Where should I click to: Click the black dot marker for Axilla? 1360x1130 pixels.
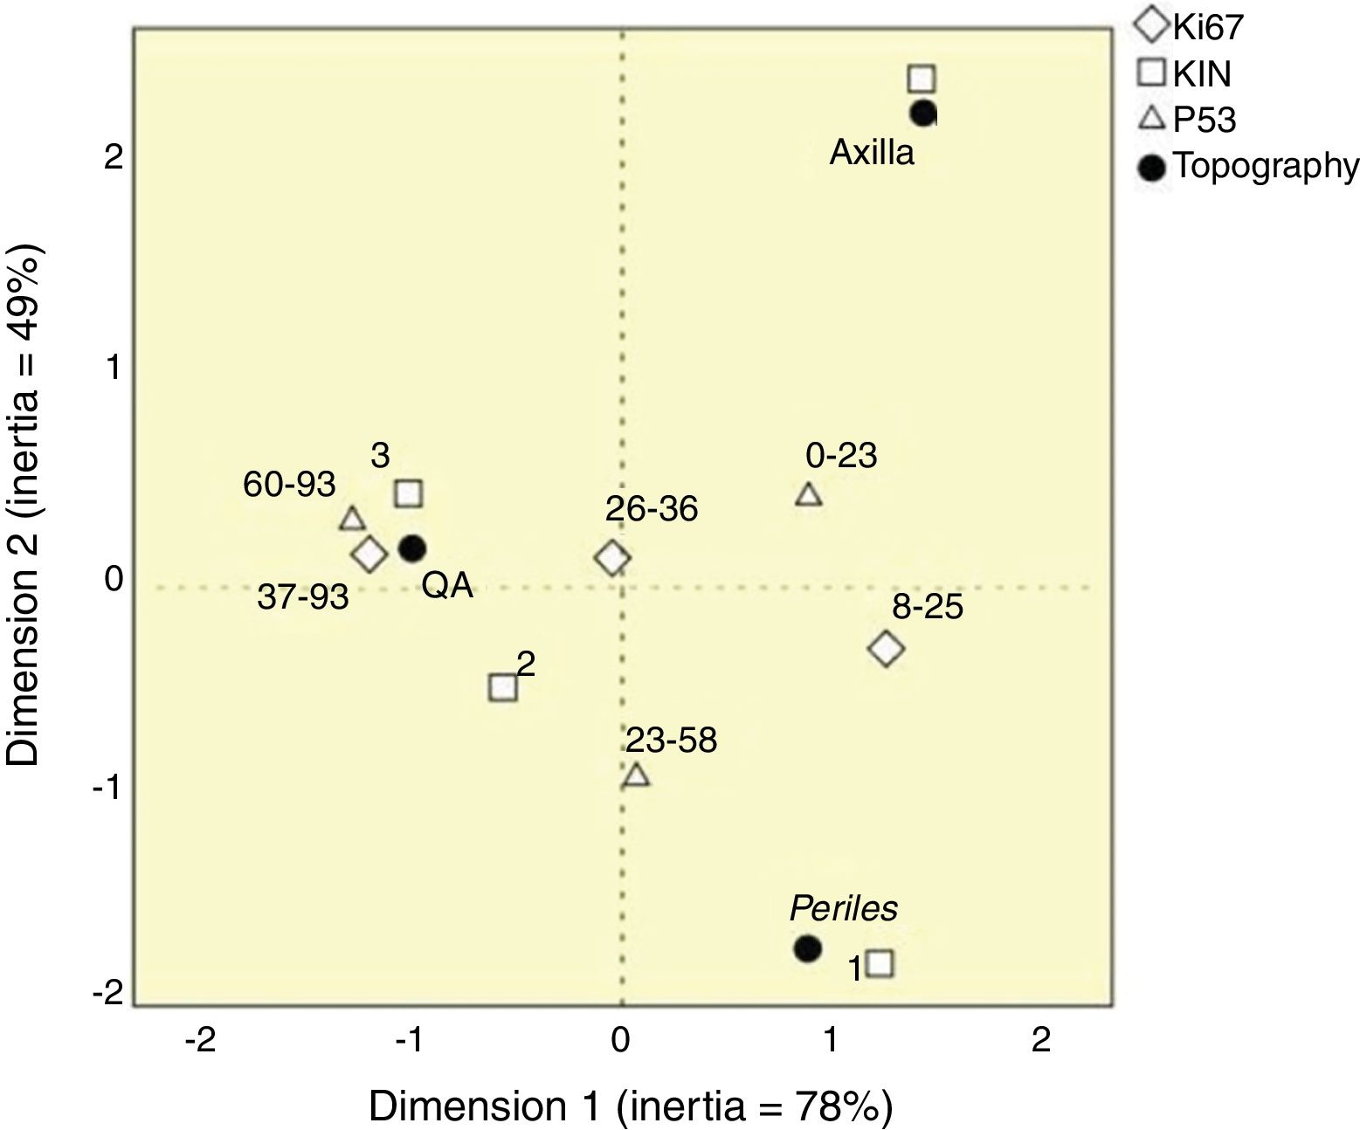click(923, 114)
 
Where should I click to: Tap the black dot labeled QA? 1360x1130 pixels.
click(412, 548)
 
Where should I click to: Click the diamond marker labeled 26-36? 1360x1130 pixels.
click(612, 557)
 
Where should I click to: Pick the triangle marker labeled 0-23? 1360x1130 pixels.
click(809, 495)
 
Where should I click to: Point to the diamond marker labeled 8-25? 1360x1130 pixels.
click(886, 648)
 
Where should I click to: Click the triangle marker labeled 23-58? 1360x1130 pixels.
click(637, 775)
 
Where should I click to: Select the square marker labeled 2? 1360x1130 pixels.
click(503, 687)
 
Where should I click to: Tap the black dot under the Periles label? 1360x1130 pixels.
click(807, 947)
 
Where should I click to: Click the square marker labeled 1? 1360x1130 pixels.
click(880, 963)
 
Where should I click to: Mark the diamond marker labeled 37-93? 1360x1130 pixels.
click(369, 554)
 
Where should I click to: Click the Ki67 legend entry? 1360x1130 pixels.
click(1191, 26)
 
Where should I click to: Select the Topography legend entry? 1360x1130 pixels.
click(1249, 166)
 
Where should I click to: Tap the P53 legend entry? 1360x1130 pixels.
click(1191, 120)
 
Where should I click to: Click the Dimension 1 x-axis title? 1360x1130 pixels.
click(631, 1106)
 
